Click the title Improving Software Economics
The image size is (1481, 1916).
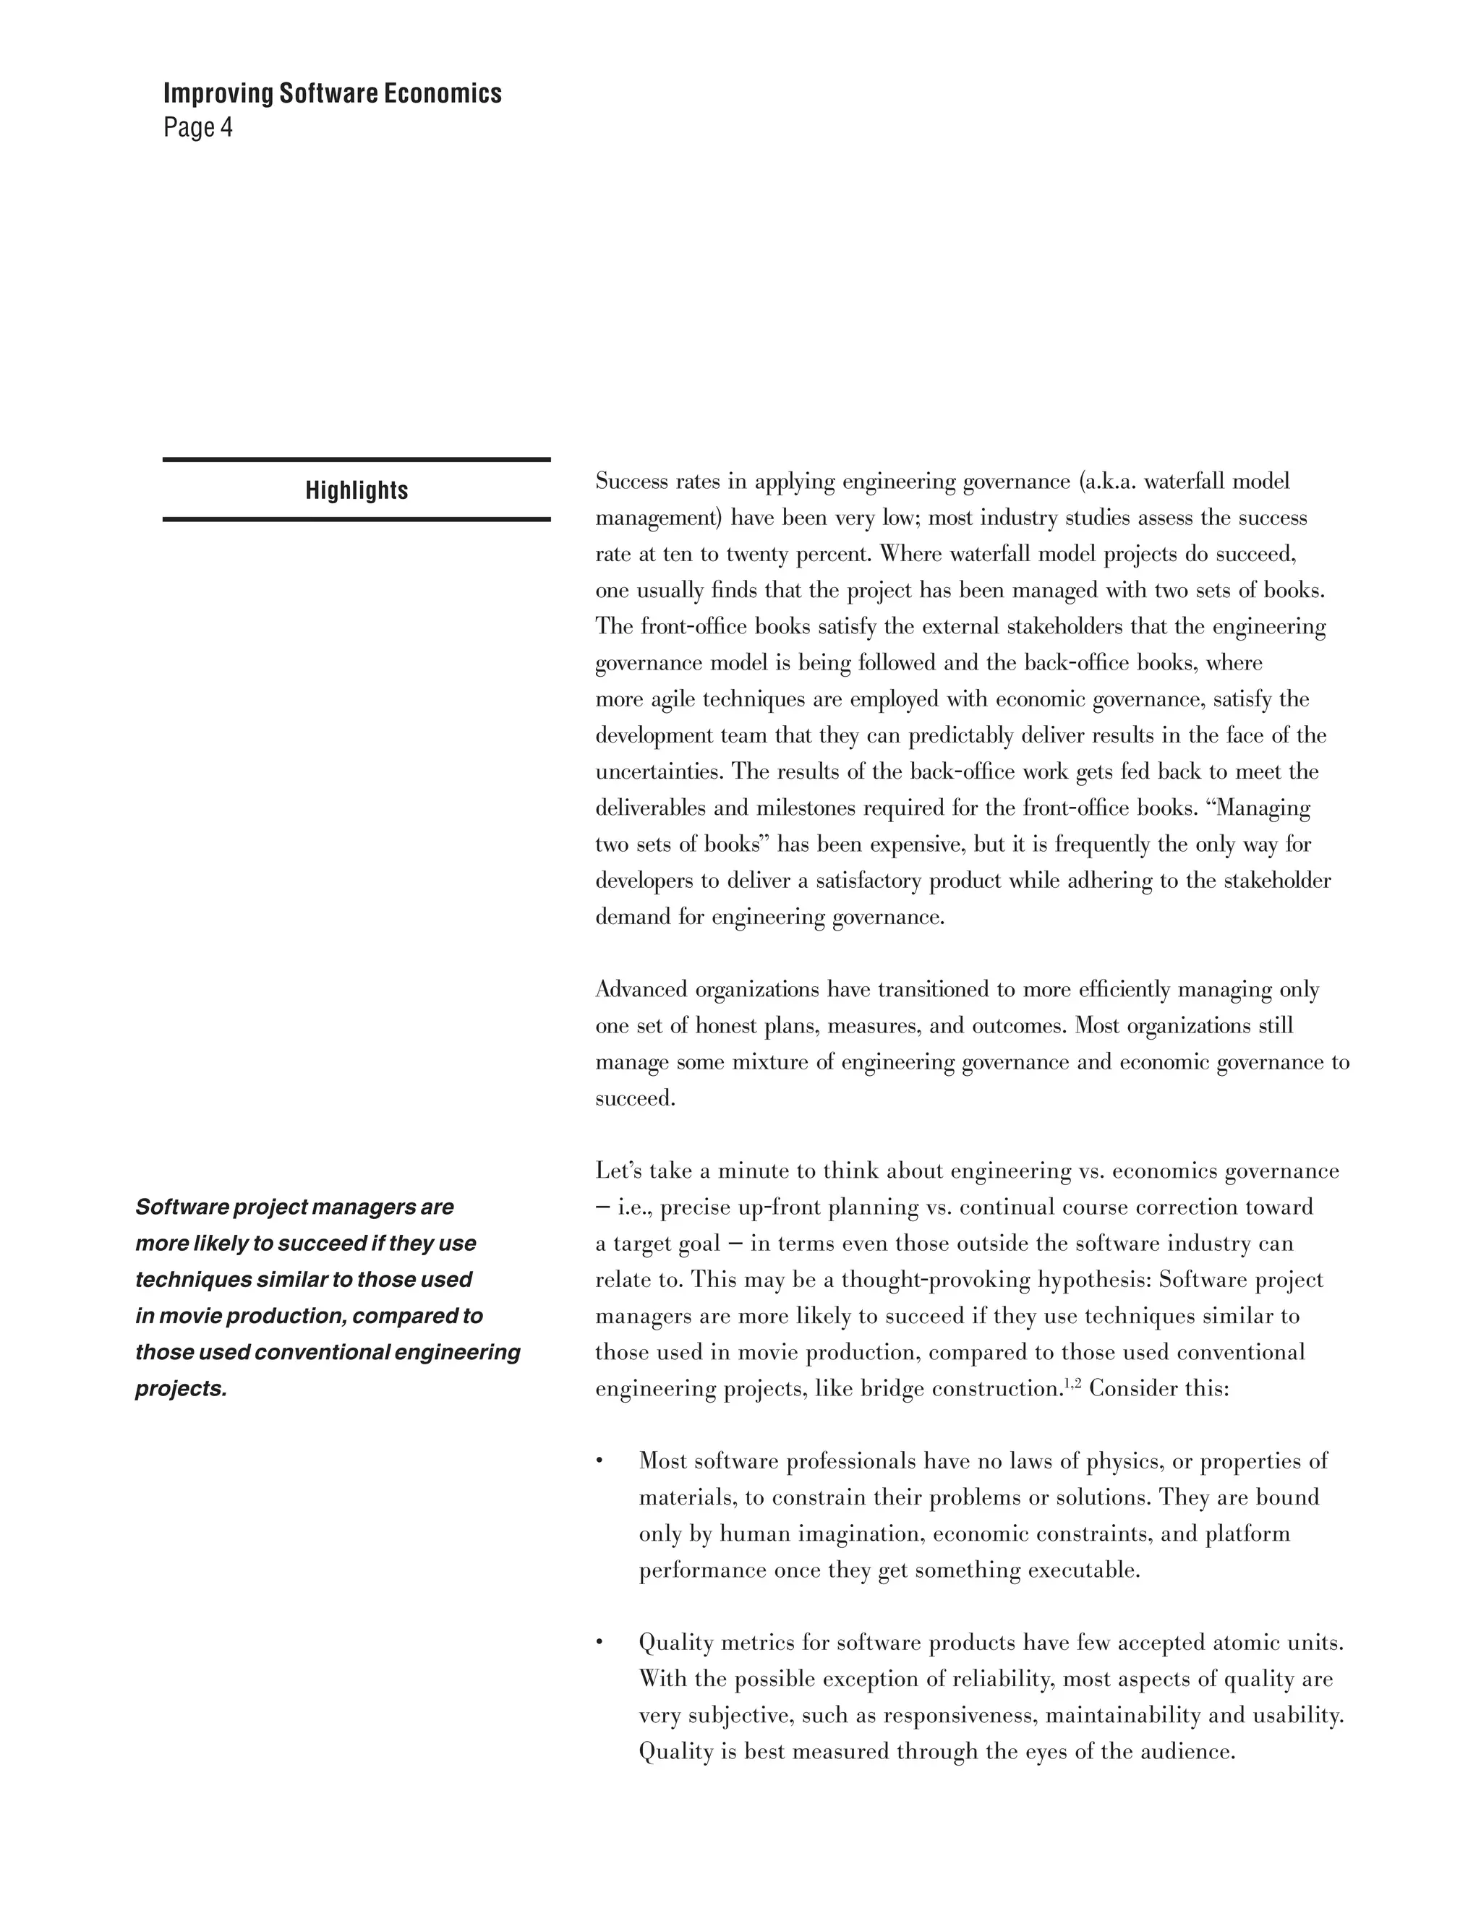[332, 94]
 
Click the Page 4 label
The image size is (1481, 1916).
[197, 128]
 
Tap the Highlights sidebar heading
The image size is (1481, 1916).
[357, 490]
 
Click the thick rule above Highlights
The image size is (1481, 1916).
[357, 459]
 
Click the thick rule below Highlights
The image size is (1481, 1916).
[357, 519]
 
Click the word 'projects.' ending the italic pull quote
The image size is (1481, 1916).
[181, 1389]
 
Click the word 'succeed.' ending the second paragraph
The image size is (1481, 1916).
[635, 1098]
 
